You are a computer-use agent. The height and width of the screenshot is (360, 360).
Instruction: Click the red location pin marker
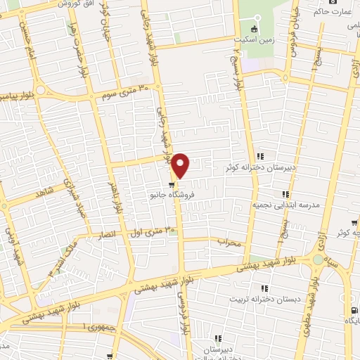[x=181, y=165]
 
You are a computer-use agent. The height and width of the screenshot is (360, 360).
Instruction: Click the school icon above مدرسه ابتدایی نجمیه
[x=285, y=193]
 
